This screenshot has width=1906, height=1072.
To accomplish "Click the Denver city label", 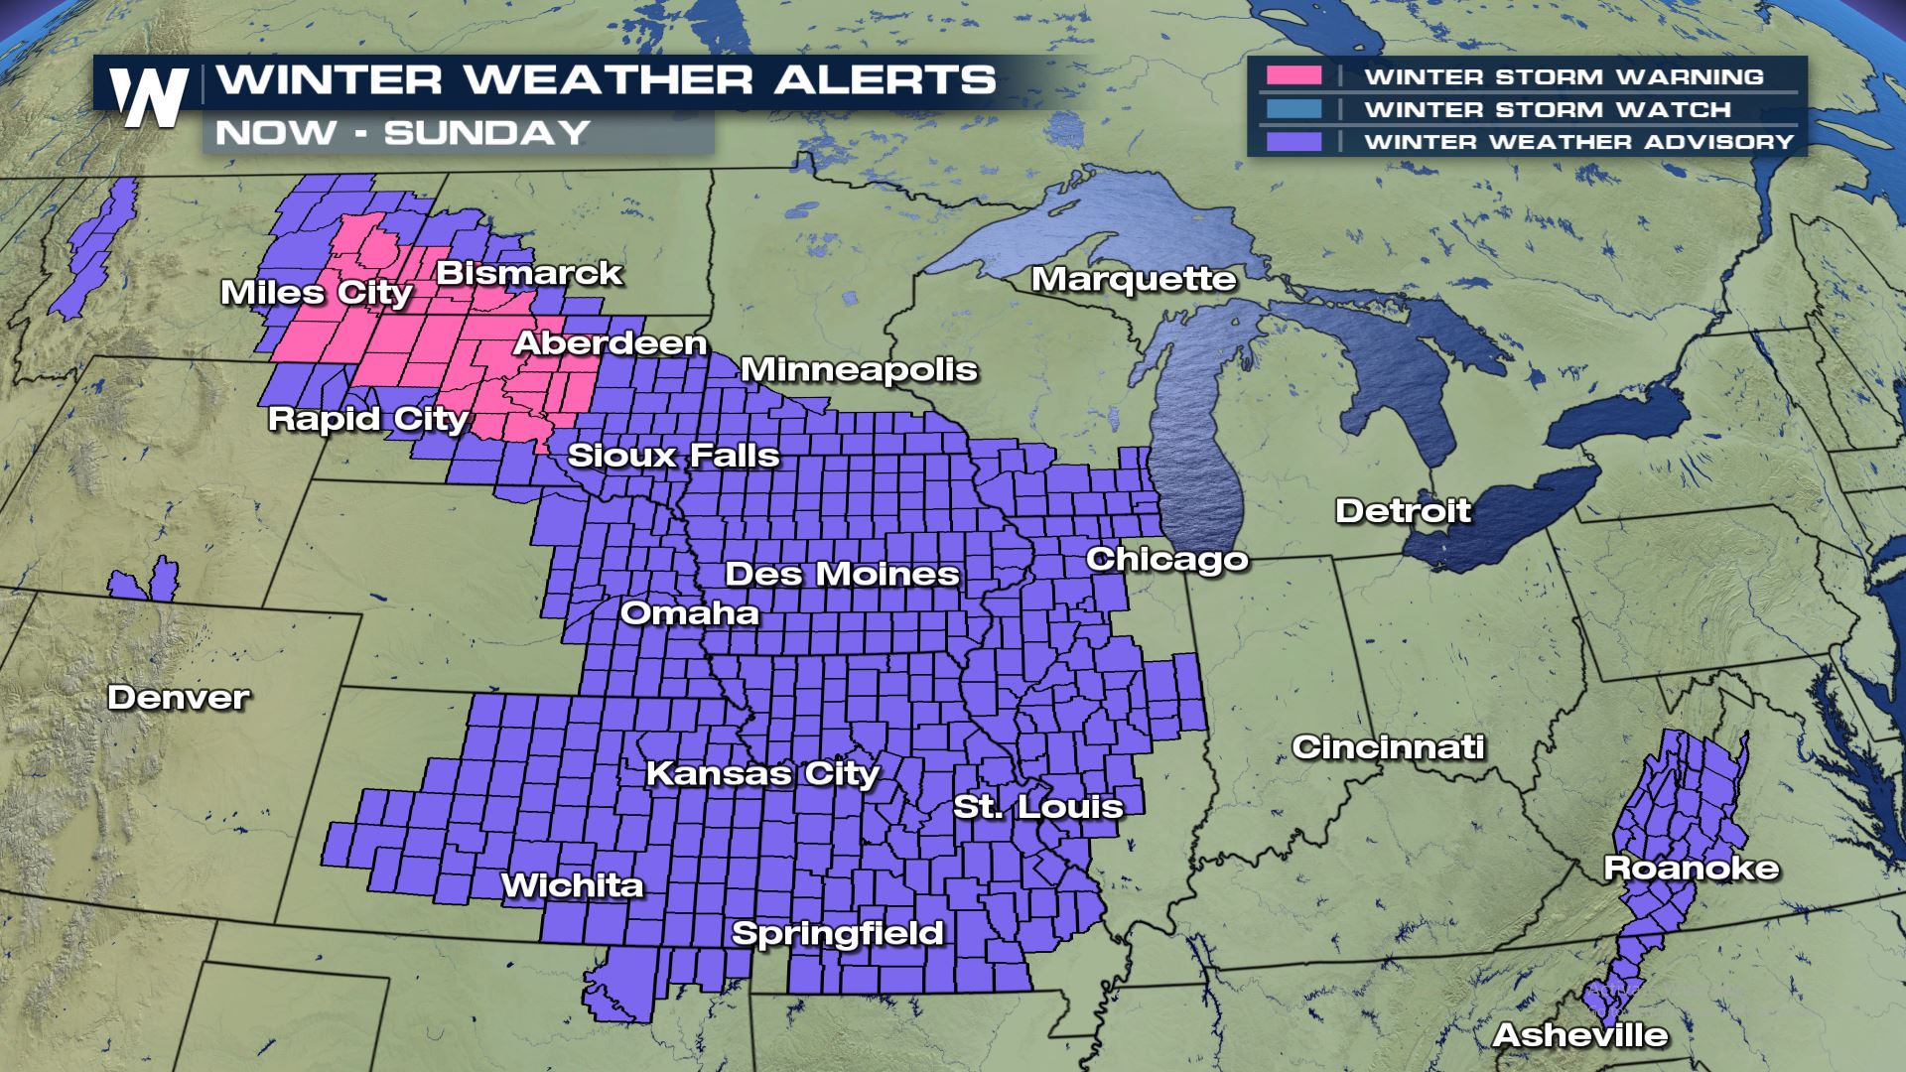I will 179,698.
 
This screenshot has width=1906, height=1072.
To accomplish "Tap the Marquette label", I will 1134,280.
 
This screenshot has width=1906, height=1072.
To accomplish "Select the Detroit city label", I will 1403,511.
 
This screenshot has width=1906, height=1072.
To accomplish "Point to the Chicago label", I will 1166,560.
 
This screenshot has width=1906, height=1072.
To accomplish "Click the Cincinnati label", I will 1388,747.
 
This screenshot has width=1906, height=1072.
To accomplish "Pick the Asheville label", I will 1580,1035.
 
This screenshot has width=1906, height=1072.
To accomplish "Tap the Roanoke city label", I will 1692,869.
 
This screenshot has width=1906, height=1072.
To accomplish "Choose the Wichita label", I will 573,885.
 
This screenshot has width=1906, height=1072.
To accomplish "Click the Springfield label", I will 837,933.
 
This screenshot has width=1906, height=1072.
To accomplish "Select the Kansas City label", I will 762,773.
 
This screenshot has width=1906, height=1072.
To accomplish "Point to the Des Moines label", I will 842,574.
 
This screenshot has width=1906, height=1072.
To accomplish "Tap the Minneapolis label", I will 859,370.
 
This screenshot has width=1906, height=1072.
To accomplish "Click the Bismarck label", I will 529,273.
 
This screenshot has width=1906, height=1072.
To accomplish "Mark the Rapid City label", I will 367,419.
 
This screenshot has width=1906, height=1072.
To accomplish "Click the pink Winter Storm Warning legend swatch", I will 1293,76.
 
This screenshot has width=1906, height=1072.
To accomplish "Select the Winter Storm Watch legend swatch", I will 1293,109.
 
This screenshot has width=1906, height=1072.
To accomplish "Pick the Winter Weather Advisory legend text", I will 1578,142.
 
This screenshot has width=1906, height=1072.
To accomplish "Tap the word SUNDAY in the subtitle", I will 486,133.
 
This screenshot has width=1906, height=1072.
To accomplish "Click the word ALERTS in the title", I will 884,79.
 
